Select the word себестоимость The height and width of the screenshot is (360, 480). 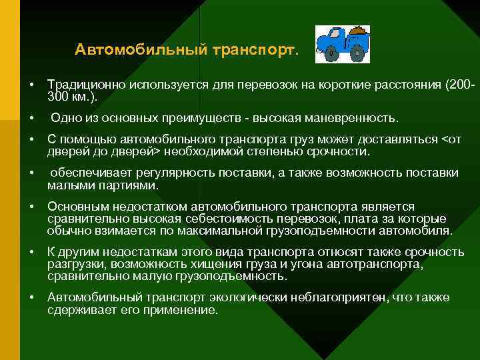point(216,219)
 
